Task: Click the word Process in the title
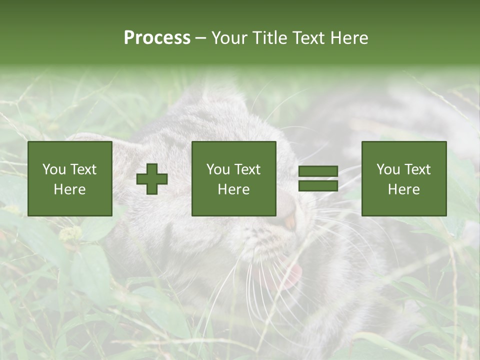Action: [x=157, y=38]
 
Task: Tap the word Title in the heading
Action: [x=269, y=38]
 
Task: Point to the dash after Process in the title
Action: [x=200, y=38]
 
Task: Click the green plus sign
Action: [x=152, y=178]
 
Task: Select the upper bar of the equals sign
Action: [x=318, y=171]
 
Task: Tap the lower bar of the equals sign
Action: [x=318, y=185]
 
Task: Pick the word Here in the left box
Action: [x=69, y=189]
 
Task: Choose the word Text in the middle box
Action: [x=247, y=169]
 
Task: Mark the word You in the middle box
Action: [x=218, y=169]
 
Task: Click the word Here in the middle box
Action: [x=233, y=189]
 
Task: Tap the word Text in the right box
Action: [x=417, y=169]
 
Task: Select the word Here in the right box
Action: [x=403, y=189]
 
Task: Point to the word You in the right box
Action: [x=388, y=169]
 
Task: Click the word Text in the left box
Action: [x=83, y=169]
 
